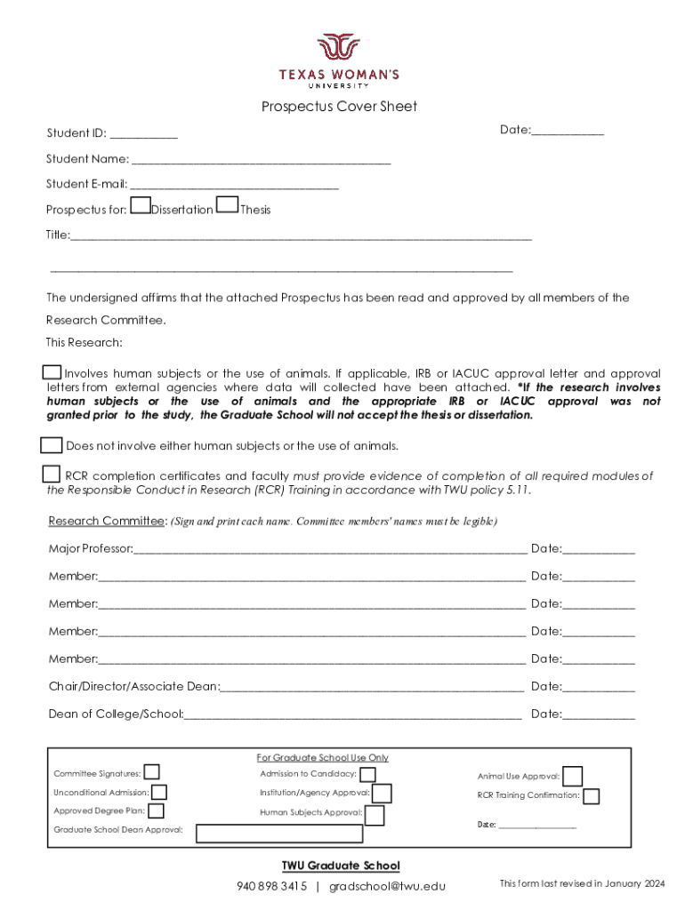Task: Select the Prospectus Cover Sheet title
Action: (x=339, y=107)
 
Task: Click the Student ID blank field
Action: (x=144, y=135)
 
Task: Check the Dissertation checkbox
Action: (x=140, y=206)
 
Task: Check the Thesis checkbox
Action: (x=228, y=206)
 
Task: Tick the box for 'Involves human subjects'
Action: (x=52, y=371)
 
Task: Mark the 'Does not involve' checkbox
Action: (x=52, y=444)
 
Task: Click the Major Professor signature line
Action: (x=329, y=550)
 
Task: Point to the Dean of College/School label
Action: (x=116, y=714)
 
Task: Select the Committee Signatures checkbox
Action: (x=152, y=771)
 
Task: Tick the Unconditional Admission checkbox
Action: (x=159, y=792)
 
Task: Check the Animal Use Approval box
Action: (x=573, y=777)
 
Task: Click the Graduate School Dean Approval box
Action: (x=279, y=834)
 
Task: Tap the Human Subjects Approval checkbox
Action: (x=375, y=815)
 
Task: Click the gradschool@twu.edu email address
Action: (x=387, y=886)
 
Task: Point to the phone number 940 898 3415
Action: (x=271, y=886)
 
